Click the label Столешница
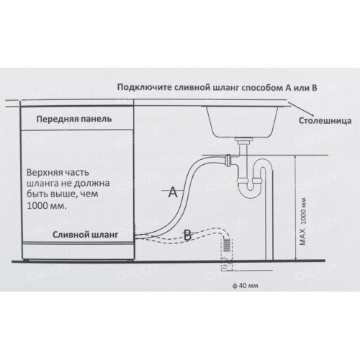325,120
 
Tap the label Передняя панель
74,119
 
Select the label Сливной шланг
86,235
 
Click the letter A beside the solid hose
173,192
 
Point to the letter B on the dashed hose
188,235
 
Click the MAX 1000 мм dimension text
303,221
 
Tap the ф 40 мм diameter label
246,286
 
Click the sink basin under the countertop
242,121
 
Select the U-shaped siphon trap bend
251,189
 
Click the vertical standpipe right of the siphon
269,214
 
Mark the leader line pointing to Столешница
301,109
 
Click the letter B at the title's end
314,88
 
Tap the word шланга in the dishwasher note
41,184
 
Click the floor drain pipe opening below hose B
227,265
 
